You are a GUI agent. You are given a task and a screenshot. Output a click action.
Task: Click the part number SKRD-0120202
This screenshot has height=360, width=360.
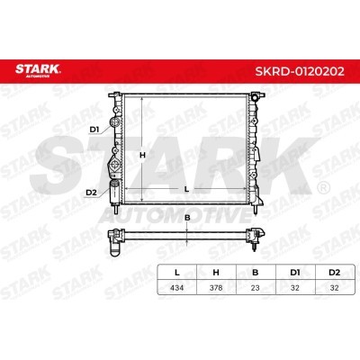tap(300, 71)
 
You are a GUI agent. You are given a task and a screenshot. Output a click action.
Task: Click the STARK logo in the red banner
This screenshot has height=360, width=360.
tap(38, 70)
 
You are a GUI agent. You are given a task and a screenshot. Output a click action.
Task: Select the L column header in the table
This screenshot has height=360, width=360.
tap(177, 273)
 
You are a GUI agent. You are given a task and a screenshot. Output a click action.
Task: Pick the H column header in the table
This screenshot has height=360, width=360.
tap(216, 273)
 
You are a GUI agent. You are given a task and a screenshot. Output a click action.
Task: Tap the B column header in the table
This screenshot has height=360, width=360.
tap(255, 273)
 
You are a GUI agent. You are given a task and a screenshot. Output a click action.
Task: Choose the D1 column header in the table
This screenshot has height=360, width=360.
tap(295, 273)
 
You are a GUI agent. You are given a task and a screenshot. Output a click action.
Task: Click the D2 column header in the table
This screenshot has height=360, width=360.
tap(334, 273)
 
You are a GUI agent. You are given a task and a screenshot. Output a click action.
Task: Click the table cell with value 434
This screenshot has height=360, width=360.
tap(177, 288)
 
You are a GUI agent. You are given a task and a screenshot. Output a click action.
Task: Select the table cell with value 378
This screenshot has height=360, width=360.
tap(216, 288)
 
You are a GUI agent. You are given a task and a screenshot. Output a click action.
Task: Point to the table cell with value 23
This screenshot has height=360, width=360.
tap(255, 288)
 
